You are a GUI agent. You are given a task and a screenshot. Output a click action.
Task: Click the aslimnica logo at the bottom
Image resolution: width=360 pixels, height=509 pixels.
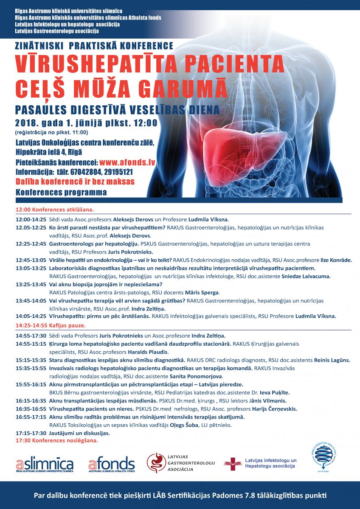tap(45, 464)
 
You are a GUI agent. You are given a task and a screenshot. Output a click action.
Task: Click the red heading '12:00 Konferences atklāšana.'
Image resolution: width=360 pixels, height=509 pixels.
tap(55, 210)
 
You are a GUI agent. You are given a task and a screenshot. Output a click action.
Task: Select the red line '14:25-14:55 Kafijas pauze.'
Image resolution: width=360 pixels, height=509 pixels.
tap(51, 325)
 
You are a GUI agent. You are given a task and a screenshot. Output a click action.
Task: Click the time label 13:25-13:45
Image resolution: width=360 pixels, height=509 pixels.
tap(31, 284)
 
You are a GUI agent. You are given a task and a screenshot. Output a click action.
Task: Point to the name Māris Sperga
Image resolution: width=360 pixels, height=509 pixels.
tap(201, 292)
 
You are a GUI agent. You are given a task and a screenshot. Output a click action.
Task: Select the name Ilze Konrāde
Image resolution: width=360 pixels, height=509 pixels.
tap(343, 260)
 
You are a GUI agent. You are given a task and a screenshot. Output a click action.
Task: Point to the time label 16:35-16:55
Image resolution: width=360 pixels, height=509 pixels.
tap(31, 408)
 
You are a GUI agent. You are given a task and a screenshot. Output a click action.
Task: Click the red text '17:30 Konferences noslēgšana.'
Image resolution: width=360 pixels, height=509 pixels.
tap(56, 440)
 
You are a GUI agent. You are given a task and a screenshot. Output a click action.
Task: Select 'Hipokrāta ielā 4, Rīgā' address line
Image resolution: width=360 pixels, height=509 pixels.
tap(49, 152)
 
